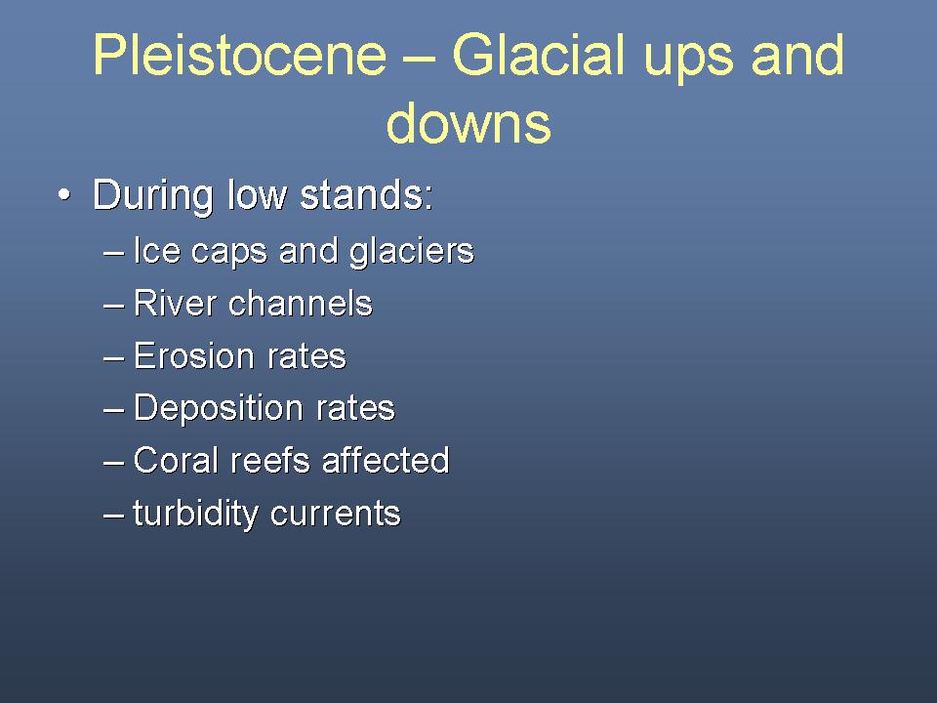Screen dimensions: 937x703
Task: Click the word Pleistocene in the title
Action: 240,55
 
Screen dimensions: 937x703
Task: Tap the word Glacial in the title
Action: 537,55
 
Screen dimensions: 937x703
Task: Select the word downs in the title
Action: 468,122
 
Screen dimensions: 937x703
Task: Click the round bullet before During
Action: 64,195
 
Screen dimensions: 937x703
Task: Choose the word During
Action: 153,195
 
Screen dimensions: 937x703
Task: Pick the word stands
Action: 366,195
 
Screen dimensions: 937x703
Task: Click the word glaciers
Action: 412,251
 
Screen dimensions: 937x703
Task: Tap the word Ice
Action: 156,250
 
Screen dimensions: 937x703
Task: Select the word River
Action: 175,303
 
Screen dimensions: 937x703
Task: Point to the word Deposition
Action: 218,409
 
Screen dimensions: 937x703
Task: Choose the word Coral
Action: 176,460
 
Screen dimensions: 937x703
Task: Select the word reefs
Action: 270,460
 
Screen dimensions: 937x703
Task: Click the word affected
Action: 387,460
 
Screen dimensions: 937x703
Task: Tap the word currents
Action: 335,515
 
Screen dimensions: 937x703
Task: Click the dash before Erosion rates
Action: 113,357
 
